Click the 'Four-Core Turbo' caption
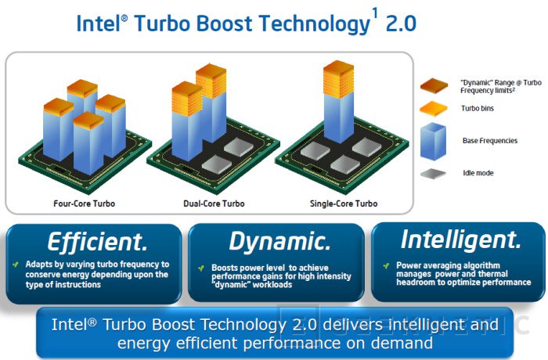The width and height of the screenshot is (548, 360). [x=85, y=203]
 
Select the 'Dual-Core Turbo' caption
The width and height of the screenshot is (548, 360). [x=214, y=203]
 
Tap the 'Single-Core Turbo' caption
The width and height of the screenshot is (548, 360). [x=344, y=203]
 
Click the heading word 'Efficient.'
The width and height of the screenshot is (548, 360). [x=98, y=242]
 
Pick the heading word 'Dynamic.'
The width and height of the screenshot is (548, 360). [x=279, y=242]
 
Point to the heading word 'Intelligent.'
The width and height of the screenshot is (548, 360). [x=460, y=239]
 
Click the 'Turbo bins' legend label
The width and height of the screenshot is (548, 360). [x=478, y=108]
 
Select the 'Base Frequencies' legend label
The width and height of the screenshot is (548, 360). [x=490, y=141]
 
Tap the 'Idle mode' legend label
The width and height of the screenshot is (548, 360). [x=478, y=173]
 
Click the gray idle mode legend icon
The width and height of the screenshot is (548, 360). [x=434, y=174]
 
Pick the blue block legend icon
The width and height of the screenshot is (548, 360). [x=434, y=141]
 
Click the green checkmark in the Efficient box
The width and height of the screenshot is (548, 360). [x=16, y=265]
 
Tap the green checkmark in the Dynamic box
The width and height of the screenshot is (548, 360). [x=201, y=268]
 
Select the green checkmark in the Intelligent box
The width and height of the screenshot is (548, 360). [x=386, y=266]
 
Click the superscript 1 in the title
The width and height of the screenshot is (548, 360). [x=375, y=14]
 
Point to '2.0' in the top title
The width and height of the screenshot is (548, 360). [x=401, y=23]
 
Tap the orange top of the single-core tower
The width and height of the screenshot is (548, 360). [x=338, y=78]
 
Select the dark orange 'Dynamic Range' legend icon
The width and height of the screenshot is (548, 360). [x=434, y=86]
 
